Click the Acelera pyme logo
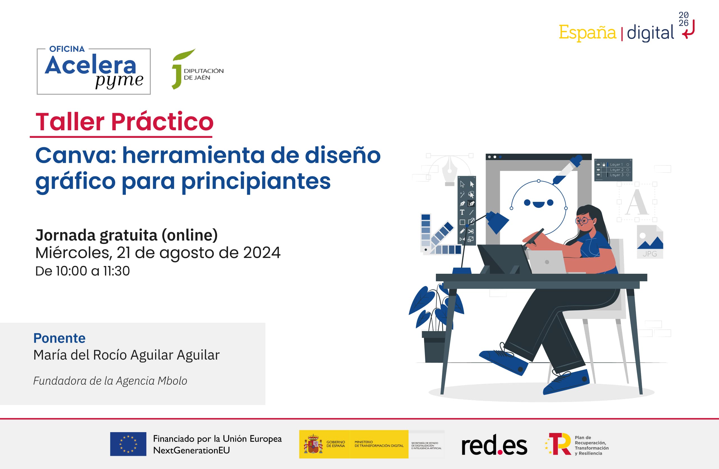point(94,71)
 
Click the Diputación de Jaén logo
point(197,69)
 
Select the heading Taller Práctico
point(124,122)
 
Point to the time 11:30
point(117,271)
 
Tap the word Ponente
point(60,338)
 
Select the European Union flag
point(128,444)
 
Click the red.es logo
point(494,445)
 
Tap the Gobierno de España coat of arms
point(313,444)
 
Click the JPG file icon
point(650,242)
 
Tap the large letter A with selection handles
point(637,202)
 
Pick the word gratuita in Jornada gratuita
point(129,235)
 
